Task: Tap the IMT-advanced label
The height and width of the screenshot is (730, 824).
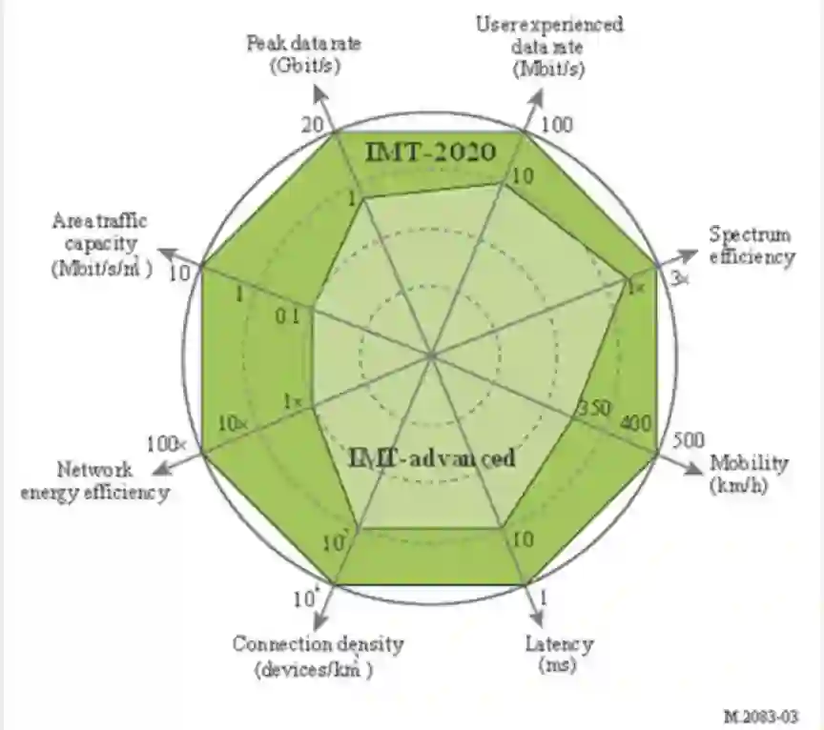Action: pyautogui.click(x=430, y=459)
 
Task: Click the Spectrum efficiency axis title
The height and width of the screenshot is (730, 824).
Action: pyautogui.click(x=751, y=246)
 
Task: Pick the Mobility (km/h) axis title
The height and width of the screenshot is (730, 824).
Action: pyautogui.click(x=750, y=474)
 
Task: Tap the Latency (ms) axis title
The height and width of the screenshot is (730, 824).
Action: pyautogui.click(x=560, y=654)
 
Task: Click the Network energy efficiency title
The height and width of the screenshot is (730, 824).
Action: pyautogui.click(x=113, y=481)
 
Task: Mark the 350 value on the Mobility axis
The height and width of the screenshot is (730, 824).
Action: pyautogui.click(x=593, y=409)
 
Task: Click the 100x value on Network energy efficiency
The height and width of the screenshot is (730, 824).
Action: pyautogui.click(x=168, y=444)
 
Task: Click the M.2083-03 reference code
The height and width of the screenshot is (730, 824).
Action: pyautogui.click(x=760, y=714)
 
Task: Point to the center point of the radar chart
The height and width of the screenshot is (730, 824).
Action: pyautogui.click(x=431, y=355)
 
